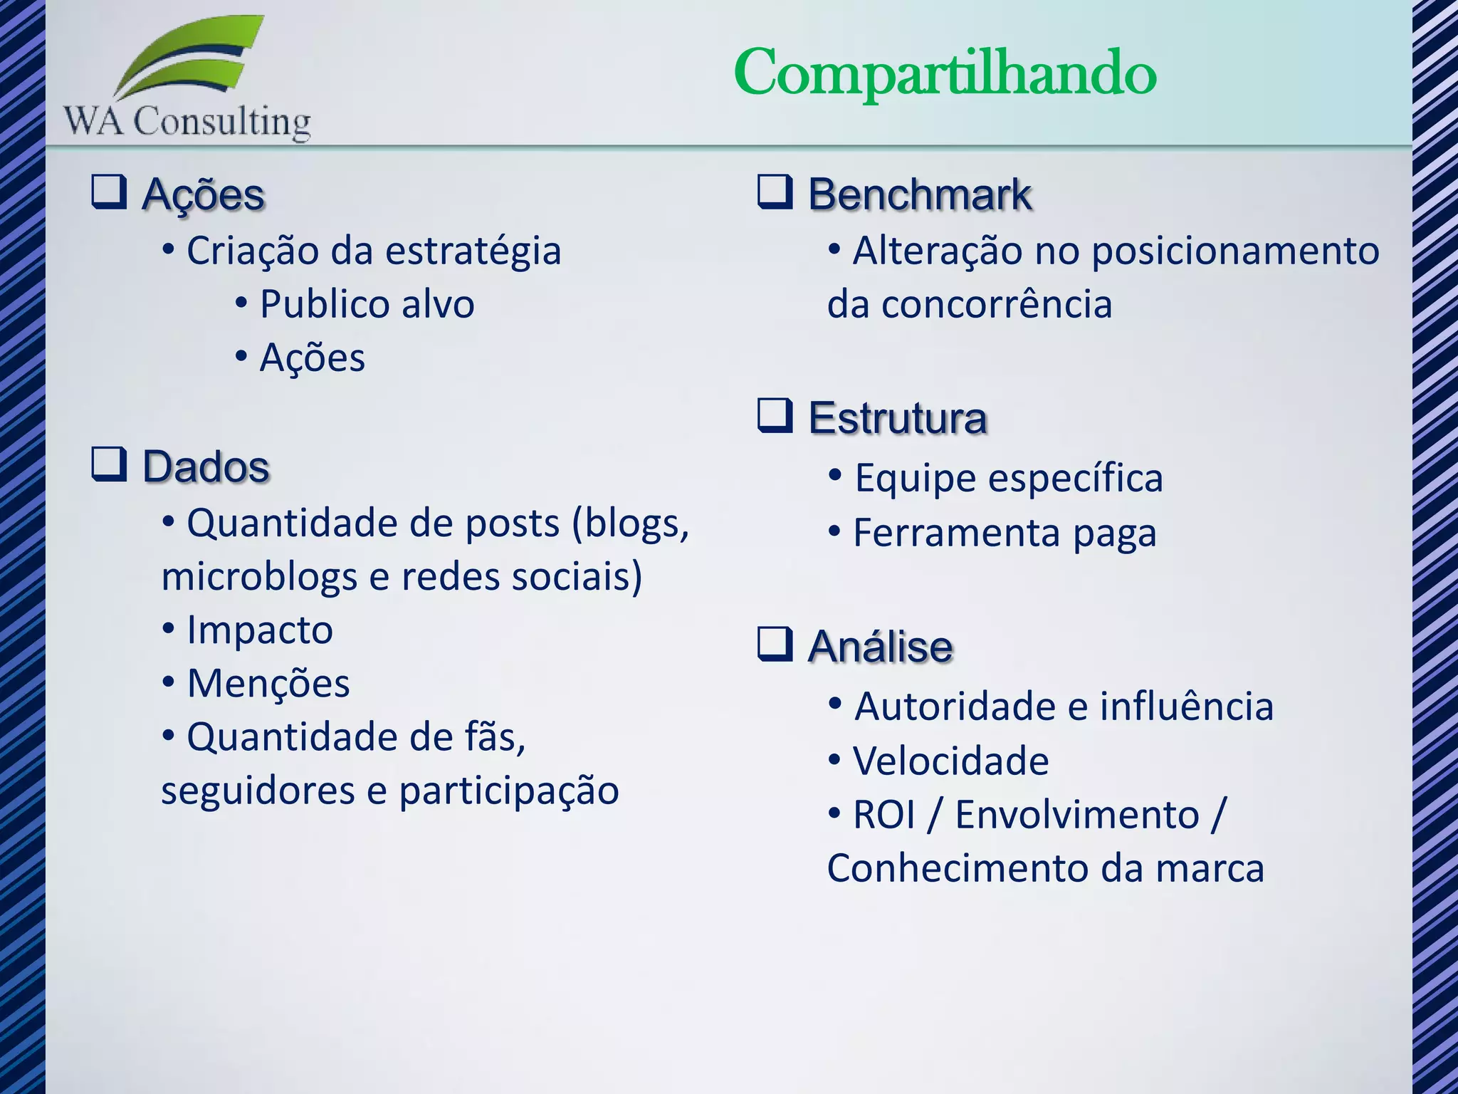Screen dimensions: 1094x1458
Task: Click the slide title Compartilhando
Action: (945, 74)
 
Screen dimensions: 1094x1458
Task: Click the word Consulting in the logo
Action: (222, 122)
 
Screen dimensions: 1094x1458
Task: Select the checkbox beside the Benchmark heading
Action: (775, 192)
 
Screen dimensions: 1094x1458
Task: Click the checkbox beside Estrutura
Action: (775, 416)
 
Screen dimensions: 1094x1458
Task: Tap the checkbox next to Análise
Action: (775, 644)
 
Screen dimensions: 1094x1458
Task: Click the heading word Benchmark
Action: (920, 194)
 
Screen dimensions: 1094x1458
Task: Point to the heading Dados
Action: (206, 467)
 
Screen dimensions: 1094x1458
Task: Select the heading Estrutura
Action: (898, 418)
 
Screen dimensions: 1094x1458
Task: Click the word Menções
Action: (268, 684)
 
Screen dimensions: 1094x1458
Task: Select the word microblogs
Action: (259, 578)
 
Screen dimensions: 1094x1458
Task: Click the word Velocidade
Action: (951, 761)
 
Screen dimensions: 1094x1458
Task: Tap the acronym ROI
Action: (883, 815)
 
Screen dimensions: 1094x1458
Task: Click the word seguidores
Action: (258, 791)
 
